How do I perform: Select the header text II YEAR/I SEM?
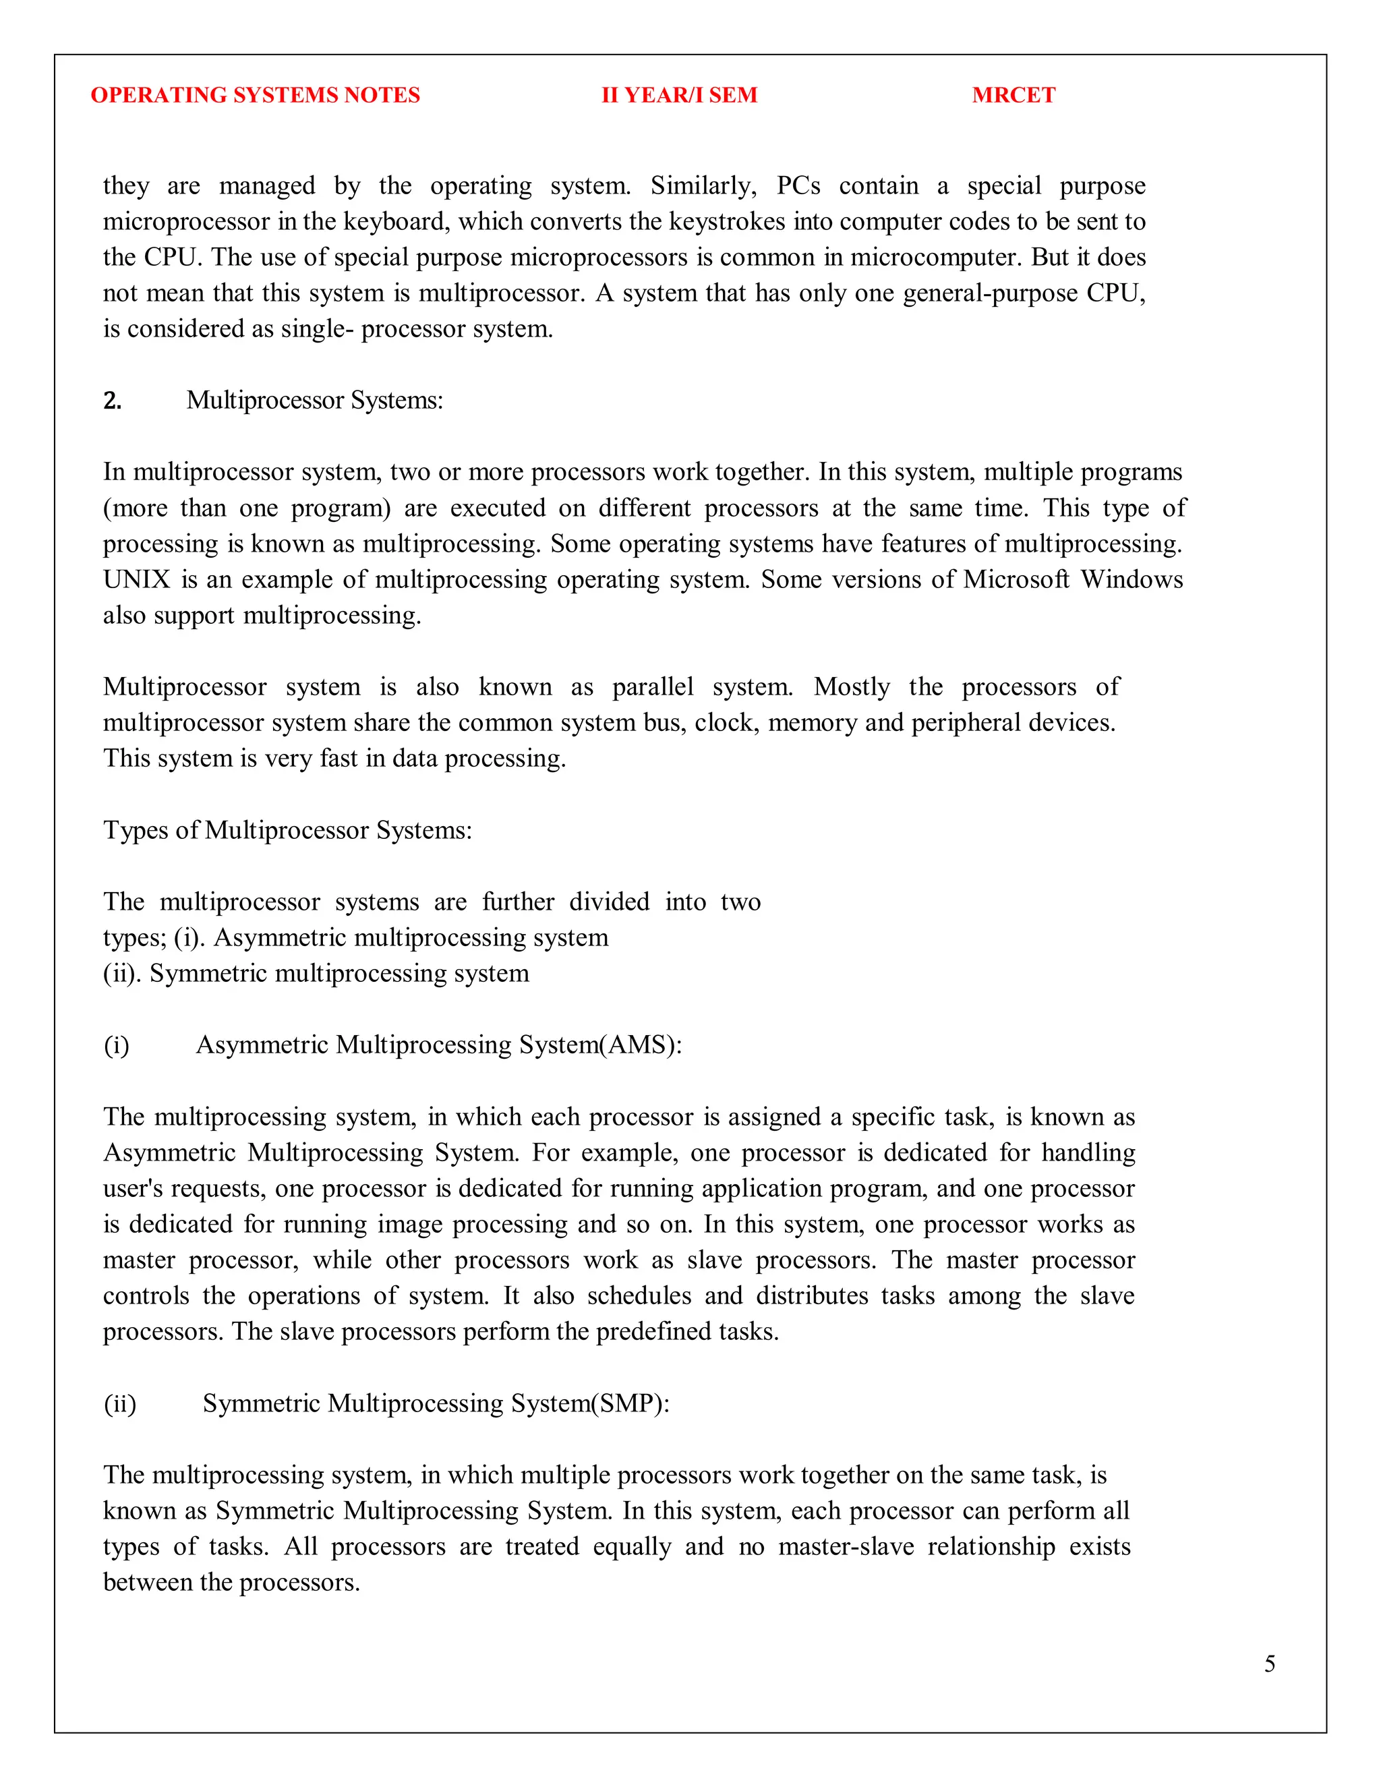point(679,95)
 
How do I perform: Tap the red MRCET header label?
point(1013,95)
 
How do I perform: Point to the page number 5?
point(1269,1664)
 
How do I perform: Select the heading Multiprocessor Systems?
point(314,400)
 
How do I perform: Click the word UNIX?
point(136,579)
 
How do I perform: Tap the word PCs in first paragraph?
point(798,185)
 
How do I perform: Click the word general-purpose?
point(990,293)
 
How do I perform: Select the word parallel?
point(652,686)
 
